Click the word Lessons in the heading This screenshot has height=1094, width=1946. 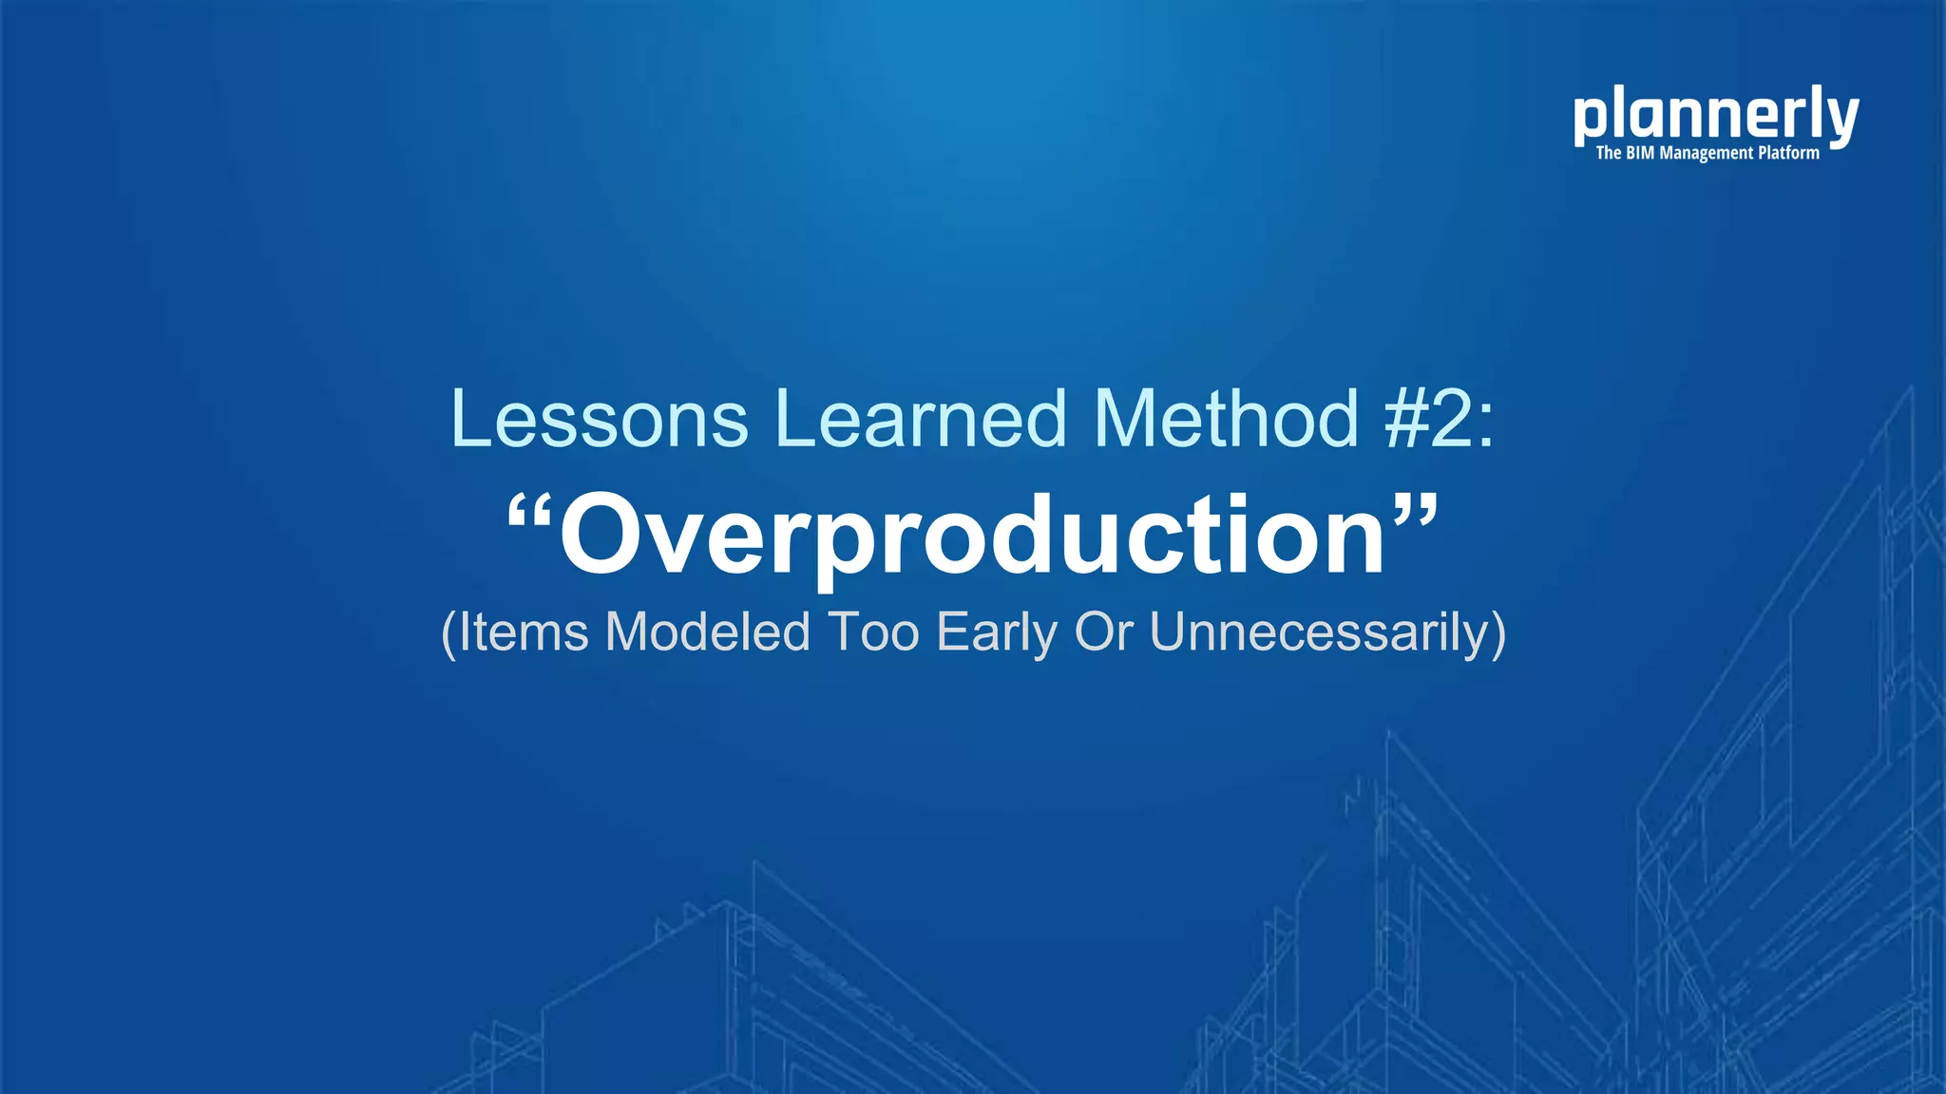click(x=600, y=419)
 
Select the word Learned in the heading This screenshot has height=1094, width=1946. click(x=921, y=419)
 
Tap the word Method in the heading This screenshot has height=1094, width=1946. click(x=1226, y=419)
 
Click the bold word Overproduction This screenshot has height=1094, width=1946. click(x=972, y=537)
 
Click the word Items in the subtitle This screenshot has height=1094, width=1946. click(x=524, y=632)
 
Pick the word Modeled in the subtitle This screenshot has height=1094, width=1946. click(x=707, y=632)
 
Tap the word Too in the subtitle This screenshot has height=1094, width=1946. click(x=873, y=632)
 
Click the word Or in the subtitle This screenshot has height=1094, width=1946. click(x=1103, y=632)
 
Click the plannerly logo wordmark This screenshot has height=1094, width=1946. click(x=1715, y=116)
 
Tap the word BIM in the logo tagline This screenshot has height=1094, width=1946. click(x=1640, y=153)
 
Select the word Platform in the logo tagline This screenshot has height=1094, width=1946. click(x=1788, y=153)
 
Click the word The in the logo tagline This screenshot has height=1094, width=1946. click(x=1608, y=153)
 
